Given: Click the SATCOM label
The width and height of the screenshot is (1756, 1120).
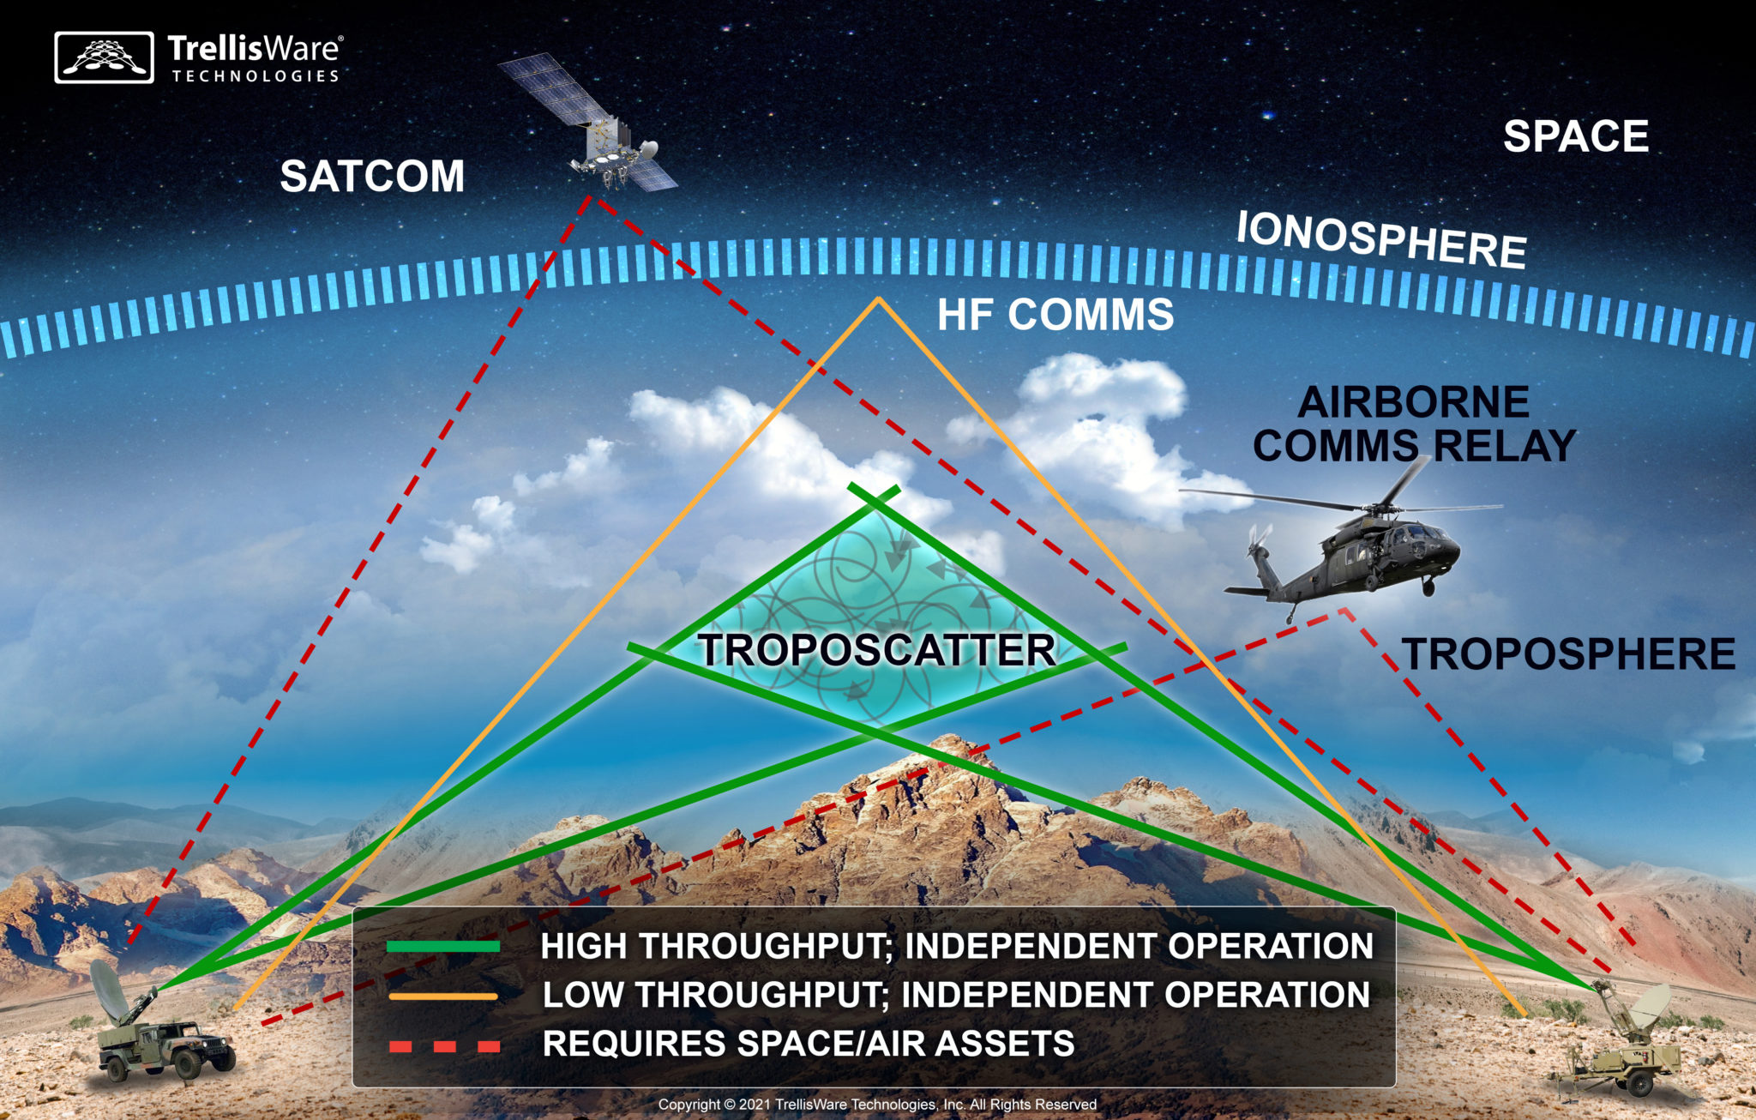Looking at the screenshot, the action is click(x=372, y=177).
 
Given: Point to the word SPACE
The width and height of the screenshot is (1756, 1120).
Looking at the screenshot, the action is click(x=1576, y=136).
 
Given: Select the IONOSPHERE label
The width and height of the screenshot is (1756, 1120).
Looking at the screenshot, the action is click(x=1380, y=239).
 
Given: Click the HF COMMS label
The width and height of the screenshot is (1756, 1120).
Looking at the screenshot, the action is click(x=1055, y=315).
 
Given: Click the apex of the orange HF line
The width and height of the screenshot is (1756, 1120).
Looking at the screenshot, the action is click(x=878, y=298).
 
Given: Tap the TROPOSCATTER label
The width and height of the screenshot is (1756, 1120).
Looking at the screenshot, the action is click(x=876, y=650).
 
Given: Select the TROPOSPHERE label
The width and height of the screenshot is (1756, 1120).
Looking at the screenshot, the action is click(x=1568, y=654).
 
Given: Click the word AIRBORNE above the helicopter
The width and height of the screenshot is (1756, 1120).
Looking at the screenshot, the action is click(x=1414, y=402).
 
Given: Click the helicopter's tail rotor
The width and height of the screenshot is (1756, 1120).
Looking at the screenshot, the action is click(x=1258, y=541).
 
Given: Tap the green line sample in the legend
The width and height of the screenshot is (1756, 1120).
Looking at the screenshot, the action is click(x=443, y=947).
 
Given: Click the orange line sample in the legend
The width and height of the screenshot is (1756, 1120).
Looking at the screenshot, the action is click(x=443, y=997).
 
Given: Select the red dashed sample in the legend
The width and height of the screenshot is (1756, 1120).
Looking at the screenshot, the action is click(x=444, y=1046).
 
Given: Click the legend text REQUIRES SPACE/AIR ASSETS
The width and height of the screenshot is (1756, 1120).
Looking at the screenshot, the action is click(x=809, y=1044).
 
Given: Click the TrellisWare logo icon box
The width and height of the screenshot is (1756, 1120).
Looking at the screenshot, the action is click(x=104, y=57).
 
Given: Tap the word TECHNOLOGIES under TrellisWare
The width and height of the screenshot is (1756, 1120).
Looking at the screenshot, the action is click(x=256, y=76).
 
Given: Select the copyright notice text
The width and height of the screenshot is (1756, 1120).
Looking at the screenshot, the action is click(x=877, y=1104).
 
